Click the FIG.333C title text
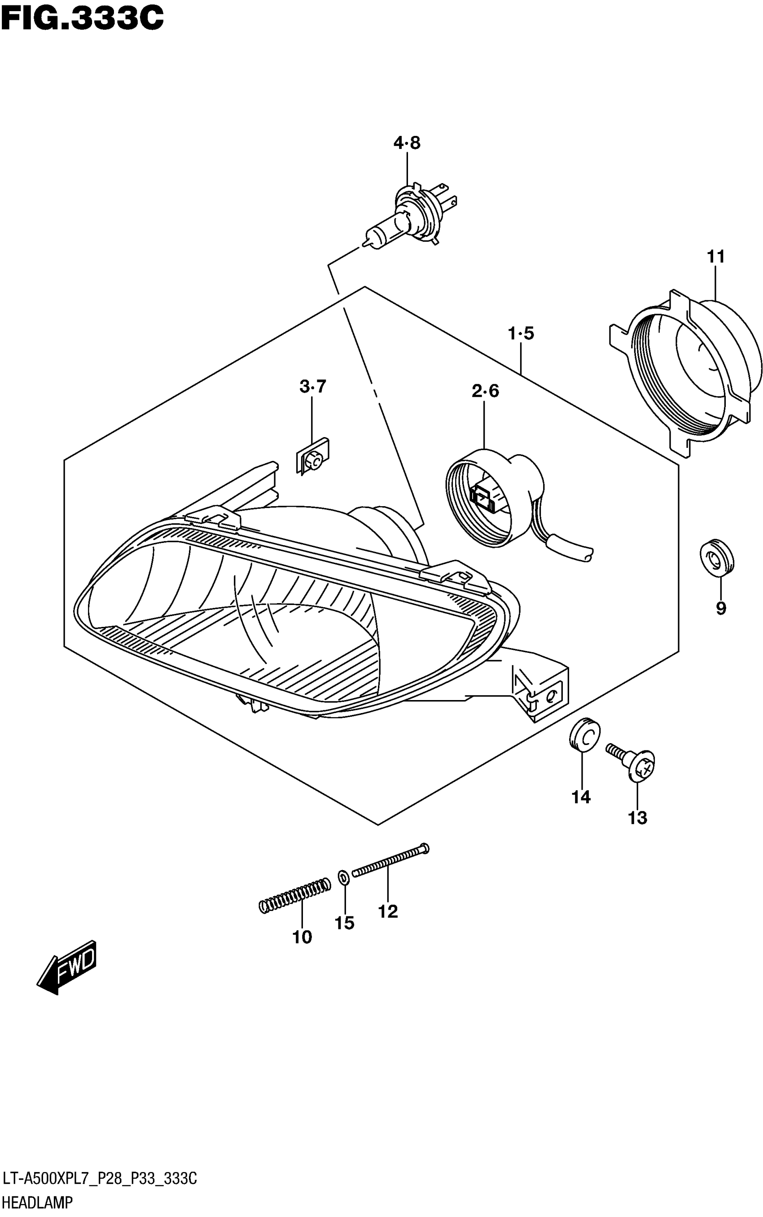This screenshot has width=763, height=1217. (82, 19)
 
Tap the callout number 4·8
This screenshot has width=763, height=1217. (407, 143)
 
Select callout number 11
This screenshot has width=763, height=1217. (715, 257)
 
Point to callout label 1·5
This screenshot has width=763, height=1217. (521, 333)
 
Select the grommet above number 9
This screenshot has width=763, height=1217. (717, 557)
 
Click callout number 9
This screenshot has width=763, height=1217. (721, 608)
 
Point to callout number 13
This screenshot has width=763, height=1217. (637, 818)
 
